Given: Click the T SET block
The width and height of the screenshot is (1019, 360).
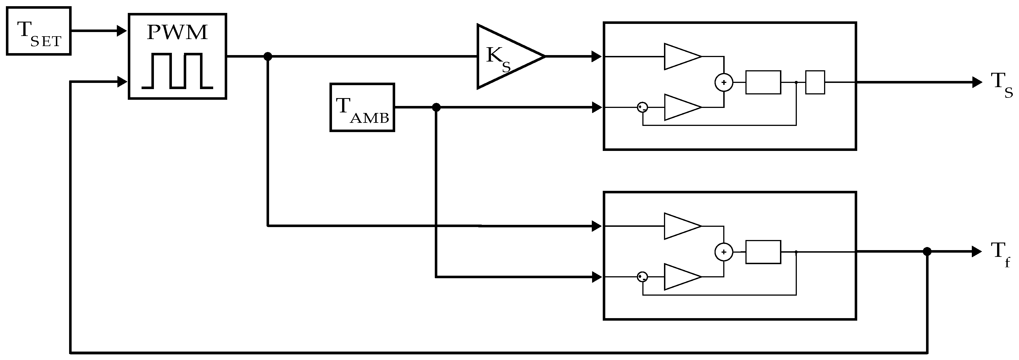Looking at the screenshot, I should [38, 31].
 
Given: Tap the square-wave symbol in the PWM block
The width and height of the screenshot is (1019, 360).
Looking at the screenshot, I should [177, 71].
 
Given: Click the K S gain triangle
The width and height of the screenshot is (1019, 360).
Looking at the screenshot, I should [504, 56].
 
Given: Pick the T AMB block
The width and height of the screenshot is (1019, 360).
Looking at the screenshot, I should [362, 107].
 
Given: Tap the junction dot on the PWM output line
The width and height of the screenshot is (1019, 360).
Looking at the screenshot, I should [268, 56].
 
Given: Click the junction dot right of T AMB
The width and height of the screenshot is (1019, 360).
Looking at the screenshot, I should [436, 107].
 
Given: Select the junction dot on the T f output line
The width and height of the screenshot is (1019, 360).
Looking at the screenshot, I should [927, 251].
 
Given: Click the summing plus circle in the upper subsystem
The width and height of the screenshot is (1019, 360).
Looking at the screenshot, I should [724, 83].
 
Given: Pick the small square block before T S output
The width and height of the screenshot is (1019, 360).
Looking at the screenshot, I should [815, 82].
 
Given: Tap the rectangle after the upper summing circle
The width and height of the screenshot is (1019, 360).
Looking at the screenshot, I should [763, 82].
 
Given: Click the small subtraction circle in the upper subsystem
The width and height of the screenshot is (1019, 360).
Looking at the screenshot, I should [642, 107].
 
